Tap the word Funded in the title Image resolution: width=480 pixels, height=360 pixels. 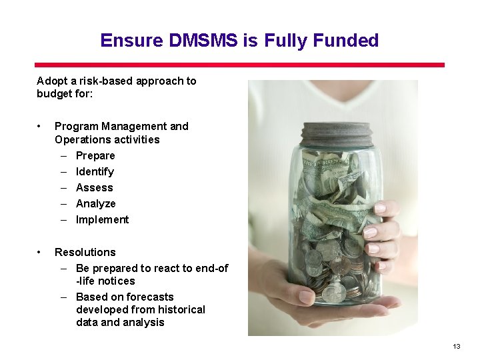click(345, 41)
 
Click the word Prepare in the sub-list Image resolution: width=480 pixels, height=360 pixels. click(95, 155)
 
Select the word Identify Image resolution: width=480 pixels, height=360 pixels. click(95, 171)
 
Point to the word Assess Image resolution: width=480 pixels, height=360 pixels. click(94, 187)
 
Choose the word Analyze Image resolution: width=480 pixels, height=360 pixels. click(95, 203)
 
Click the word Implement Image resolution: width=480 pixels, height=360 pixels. click(102, 219)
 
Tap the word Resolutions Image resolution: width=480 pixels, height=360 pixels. click(85, 252)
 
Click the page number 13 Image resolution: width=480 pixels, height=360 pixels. click(456, 346)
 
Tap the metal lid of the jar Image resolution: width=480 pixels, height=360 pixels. click(335, 133)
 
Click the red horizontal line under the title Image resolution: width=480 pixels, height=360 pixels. click(240, 65)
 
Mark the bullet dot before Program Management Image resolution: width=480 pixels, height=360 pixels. click(41, 126)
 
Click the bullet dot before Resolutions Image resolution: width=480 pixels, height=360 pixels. click(41, 252)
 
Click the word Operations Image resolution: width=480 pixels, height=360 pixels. click(83, 139)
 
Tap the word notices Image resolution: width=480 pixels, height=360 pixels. click(116, 281)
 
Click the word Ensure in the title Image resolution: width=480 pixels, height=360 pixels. click(131, 41)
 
